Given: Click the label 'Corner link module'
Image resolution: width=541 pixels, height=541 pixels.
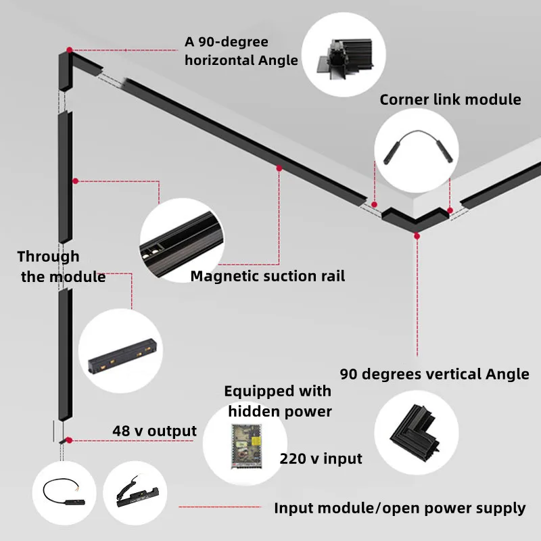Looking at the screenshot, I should pyautogui.click(x=450, y=99).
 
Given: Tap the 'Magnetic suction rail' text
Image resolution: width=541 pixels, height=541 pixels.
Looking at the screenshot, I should pyautogui.click(x=267, y=276).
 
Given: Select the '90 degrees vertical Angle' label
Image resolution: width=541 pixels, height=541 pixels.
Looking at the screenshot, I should pyautogui.click(x=434, y=374).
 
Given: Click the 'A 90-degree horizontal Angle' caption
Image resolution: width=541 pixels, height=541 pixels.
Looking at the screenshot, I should pyautogui.click(x=241, y=51).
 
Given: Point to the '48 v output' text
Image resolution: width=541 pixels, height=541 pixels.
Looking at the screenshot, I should pyautogui.click(x=154, y=431).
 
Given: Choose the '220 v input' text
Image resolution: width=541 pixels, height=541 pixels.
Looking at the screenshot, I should pyautogui.click(x=321, y=459).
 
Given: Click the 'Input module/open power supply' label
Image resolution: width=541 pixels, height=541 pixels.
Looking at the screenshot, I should pyautogui.click(x=400, y=508).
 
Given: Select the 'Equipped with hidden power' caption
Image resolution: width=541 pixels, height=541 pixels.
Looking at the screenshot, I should pyautogui.click(x=278, y=401).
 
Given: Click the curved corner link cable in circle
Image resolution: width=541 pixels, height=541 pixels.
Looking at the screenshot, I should pyautogui.click(x=411, y=146).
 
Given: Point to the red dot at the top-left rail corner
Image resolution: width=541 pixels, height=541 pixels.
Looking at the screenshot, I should pyautogui.click(x=69, y=49).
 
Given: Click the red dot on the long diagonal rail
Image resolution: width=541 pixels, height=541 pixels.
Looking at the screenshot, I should pyautogui.click(x=279, y=168).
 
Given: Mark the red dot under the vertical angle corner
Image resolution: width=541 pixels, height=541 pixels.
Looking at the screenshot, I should pyautogui.click(x=417, y=236).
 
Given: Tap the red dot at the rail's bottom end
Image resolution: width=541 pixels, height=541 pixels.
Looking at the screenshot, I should pyautogui.click(x=69, y=440).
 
